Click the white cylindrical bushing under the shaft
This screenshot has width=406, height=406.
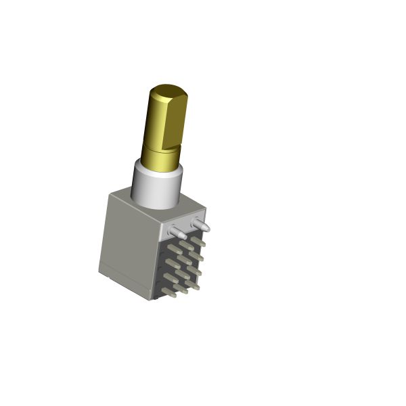157,186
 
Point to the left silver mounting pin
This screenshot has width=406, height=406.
177,233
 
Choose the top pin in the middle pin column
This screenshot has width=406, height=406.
185,245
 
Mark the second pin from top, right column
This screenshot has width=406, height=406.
195,255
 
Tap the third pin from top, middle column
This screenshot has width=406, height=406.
183,274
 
